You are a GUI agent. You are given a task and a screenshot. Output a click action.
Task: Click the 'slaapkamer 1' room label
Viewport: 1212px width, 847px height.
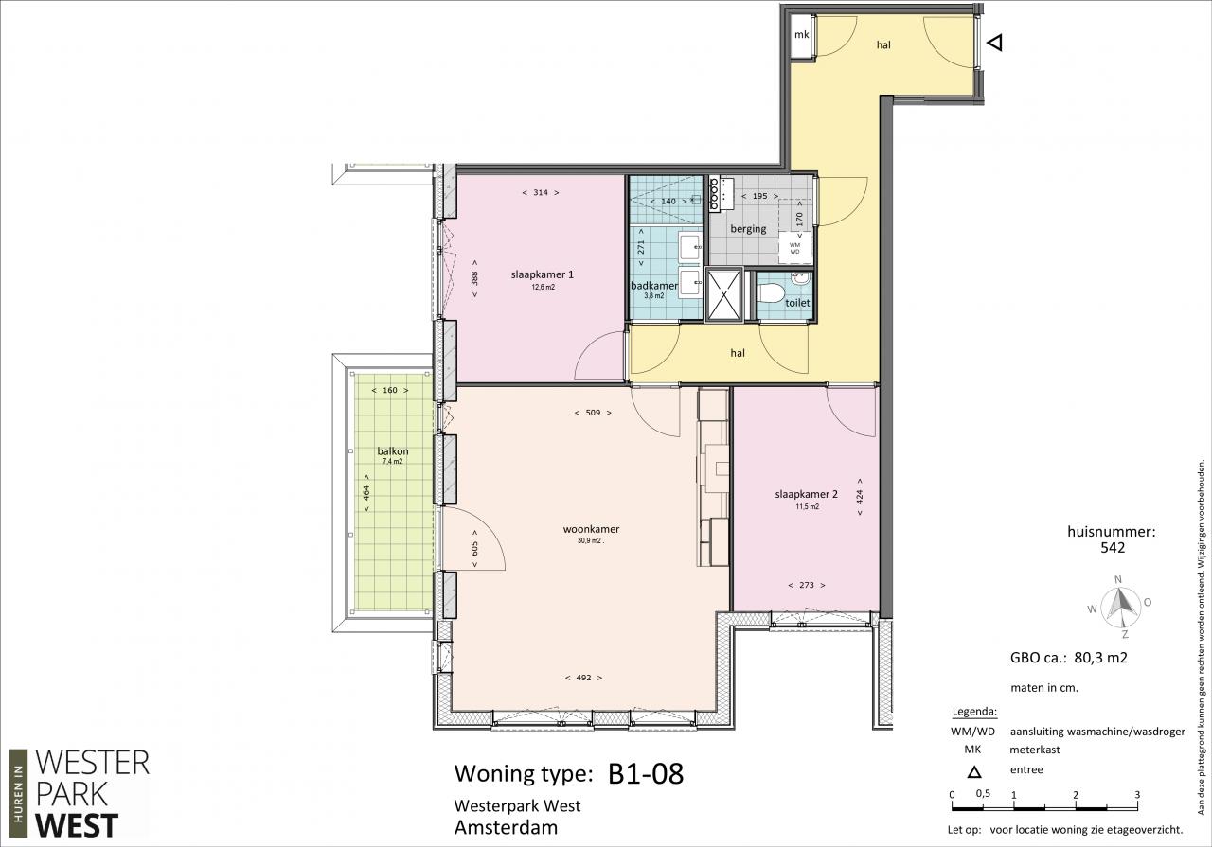point(543,274)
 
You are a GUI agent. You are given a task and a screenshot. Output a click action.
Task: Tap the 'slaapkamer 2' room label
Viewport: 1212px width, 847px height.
point(806,494)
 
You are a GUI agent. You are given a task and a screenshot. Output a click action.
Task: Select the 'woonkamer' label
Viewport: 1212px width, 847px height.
point(591,530)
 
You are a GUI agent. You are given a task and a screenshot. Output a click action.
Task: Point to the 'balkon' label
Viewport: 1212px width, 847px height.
point(393,451)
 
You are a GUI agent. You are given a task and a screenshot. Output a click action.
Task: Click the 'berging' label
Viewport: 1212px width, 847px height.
point(748,229)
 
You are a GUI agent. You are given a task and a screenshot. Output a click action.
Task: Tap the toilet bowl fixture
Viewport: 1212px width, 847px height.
point(771,293)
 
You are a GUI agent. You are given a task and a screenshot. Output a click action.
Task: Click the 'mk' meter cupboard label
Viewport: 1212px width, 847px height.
point(801,35)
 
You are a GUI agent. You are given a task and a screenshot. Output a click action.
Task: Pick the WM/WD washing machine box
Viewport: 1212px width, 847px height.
point(794,248)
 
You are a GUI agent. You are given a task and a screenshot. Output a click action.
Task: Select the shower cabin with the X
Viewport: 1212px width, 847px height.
point(724,294)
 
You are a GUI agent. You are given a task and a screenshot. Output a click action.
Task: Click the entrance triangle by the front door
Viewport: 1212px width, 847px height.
point(995,43)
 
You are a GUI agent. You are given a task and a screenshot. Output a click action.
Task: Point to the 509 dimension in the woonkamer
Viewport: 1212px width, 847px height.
point(593,413)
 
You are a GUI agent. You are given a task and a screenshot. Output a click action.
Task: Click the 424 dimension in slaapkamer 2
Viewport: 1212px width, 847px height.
point(860,497)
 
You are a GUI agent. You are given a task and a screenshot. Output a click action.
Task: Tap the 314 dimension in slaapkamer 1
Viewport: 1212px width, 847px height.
point(541,192)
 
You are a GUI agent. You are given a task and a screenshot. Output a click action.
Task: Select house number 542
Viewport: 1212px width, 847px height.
point(1113,548)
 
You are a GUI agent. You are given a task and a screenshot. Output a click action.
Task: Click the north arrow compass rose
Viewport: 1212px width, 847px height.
point(1119,608)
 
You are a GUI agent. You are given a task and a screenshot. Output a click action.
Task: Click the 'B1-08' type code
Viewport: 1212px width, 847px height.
point(646,774)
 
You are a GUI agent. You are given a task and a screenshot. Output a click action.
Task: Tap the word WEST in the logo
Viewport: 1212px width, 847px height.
point(77,825)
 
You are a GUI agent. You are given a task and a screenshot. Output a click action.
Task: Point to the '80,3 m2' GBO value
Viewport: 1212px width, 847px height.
point(1100,658)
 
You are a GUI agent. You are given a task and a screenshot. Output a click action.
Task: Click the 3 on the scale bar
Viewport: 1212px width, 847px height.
point(1137,795)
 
